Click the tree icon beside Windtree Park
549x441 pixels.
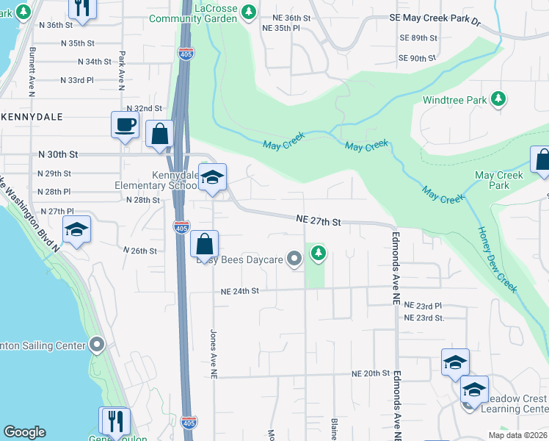[x=498, y=98]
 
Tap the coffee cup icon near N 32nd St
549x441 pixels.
[x=124, y=123]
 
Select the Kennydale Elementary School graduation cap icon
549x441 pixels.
[x=213, y=177]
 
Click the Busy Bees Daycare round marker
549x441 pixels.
[x=294, y=258]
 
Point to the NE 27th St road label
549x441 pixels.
[x=319, y=220]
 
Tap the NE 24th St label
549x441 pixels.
[x=240, y=291]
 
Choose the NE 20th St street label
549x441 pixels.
[x=370, y=373]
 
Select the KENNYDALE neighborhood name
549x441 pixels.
[x=32, y=117]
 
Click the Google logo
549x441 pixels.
[x=24, y=432]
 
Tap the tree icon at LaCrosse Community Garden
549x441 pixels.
[x=249, y=11]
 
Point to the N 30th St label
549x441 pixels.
[x=58, y=155]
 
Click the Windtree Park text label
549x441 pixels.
[x=454, y=99]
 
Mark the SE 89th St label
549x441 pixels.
[x=418, y=37]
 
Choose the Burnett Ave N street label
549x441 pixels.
[x=32, y=68]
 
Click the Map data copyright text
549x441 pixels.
[x=518, y=435]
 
